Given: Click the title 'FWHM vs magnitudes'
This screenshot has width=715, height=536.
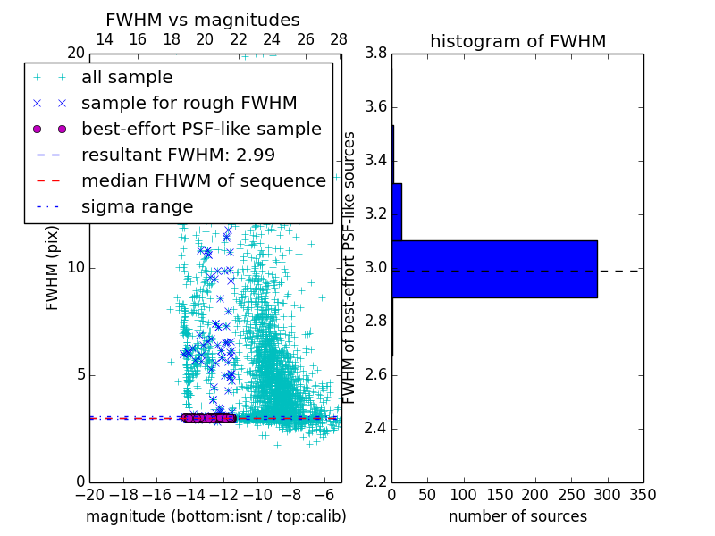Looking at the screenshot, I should [203, 20].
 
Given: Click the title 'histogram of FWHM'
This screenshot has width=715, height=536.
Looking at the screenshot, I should [517, 41].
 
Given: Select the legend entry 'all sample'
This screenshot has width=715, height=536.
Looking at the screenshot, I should [127, 78].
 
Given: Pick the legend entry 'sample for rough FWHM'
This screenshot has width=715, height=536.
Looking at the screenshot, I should [189, 104].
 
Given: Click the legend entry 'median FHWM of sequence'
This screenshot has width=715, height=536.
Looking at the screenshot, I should [203, 180].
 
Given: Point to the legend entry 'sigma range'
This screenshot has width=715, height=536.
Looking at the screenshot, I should [137, 206].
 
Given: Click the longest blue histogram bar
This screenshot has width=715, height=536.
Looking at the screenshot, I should [494, 269].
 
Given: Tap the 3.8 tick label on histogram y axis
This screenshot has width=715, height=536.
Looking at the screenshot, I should [375, 54].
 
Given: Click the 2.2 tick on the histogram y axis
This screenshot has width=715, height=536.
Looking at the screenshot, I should [375, 482].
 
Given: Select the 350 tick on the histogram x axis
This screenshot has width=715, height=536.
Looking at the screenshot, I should [643, 495].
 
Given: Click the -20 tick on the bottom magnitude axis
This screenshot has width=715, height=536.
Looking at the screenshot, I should [89, 495].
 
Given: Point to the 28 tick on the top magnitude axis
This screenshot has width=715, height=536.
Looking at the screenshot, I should [339, 39].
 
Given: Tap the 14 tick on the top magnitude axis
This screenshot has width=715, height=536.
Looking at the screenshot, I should [104, 39].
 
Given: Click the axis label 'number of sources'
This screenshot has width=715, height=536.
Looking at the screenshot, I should [517, 516].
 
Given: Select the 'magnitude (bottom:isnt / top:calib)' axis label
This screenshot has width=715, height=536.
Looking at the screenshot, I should [215, 516].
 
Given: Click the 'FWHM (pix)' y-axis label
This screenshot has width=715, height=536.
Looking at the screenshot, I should [53, 266].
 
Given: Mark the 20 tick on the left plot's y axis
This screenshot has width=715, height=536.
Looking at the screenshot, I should [74, 54].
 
